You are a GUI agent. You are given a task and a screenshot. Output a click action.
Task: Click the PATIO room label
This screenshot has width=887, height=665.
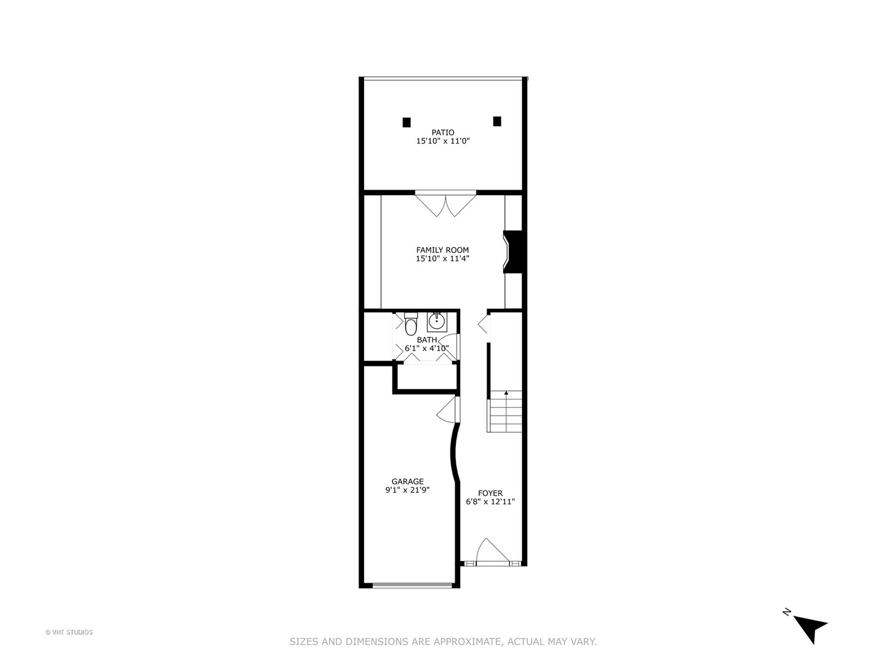pos(443,132)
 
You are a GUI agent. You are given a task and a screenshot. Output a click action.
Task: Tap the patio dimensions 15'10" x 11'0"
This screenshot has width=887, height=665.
pos(443,141)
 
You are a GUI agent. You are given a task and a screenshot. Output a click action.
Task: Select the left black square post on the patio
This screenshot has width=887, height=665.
pos(407,122)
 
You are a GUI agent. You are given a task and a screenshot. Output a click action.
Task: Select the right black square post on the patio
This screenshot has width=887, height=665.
pos(497,121)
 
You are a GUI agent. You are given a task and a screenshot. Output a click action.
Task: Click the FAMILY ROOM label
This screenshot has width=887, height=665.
pos(442,250)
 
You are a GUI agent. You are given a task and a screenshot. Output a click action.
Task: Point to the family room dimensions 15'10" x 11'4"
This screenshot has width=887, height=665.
pos(442,259)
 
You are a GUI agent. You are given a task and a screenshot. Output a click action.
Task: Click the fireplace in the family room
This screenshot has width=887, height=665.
pos(514,251)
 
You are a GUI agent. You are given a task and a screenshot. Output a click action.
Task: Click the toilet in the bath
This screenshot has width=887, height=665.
pos(411,324)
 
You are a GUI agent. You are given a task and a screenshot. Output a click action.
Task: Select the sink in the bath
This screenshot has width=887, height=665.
pos(436,321)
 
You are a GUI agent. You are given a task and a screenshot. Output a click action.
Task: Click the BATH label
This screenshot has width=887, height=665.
pos(427,340)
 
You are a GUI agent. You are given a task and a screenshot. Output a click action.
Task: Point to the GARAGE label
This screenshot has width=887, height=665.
pos(407,482)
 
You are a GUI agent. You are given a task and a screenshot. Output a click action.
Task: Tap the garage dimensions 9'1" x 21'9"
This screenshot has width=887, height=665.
pos(407,490)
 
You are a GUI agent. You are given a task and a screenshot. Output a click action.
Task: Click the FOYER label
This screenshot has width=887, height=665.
pos(490,493)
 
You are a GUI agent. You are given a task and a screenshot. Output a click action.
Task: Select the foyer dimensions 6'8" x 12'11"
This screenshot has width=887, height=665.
pos(490,502)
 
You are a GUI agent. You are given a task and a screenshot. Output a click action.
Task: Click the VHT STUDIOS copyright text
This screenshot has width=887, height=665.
pos(69,632)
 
